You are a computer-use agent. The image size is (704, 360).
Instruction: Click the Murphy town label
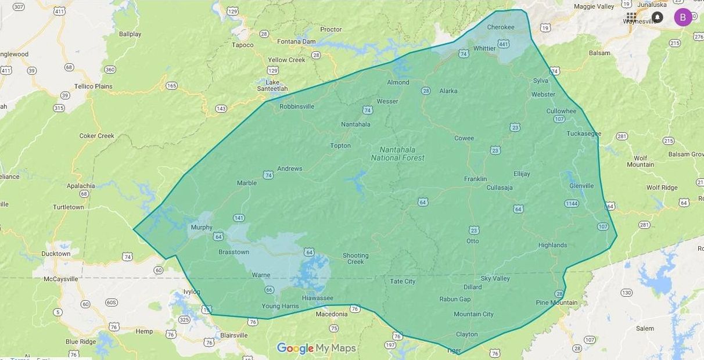coord(202,228)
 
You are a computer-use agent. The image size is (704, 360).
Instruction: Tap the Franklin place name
coord(475,179)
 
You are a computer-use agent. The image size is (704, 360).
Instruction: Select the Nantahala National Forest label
coord(398,154)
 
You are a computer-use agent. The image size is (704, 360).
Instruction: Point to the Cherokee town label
coord(501,27)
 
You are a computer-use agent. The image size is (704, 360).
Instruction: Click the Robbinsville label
coord(297,107)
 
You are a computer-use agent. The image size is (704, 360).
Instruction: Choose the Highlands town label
coord(552,245)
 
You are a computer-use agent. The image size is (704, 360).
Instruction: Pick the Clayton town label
coord(466,334)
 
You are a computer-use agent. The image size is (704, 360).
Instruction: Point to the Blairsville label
coord(234,335)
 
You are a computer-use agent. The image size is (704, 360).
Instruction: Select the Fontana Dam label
coord(296,42)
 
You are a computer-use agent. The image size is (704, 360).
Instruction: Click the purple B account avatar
coord(683,17)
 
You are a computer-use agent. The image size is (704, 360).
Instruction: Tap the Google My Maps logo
coord(316,348)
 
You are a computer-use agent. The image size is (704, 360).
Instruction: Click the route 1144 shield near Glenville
coord(572,203)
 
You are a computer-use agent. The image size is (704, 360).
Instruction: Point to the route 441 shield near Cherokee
coord(504,44)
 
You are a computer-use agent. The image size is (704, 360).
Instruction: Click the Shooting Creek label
coord(355,258)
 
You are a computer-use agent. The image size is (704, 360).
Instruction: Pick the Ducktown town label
coord(56,254)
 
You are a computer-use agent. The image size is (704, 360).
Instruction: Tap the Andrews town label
coord(290,169)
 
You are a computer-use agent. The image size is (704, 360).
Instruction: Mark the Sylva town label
coord(540,81)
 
